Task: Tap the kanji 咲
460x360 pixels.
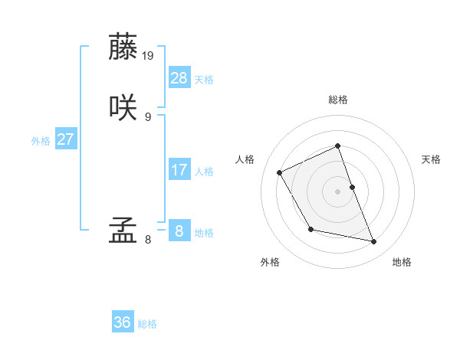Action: point(123,108)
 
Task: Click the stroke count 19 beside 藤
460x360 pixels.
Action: point(149,56)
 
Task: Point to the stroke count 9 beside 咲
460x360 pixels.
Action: point(147,117)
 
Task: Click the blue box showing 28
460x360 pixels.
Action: point(179,78)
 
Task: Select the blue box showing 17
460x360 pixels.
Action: point(179,170)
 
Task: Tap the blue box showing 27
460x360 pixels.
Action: point(66,139)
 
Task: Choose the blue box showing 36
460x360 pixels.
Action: point(123,322)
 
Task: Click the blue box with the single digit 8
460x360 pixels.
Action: point(179,231)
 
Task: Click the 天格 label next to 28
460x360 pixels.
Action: point(204,80)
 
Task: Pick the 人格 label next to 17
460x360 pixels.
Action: point(204,172)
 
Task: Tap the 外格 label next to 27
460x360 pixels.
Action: point(41,141)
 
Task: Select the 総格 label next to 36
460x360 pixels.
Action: point(147,324)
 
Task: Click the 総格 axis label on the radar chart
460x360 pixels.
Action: point(338,100)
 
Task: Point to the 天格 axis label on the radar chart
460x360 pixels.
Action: point(432,159)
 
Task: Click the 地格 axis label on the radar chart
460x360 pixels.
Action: point(402,263)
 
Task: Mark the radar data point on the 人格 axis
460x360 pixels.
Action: point(280,172)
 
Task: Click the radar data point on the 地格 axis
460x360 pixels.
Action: point(374,242)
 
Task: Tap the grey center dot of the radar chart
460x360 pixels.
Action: point(338,191)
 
